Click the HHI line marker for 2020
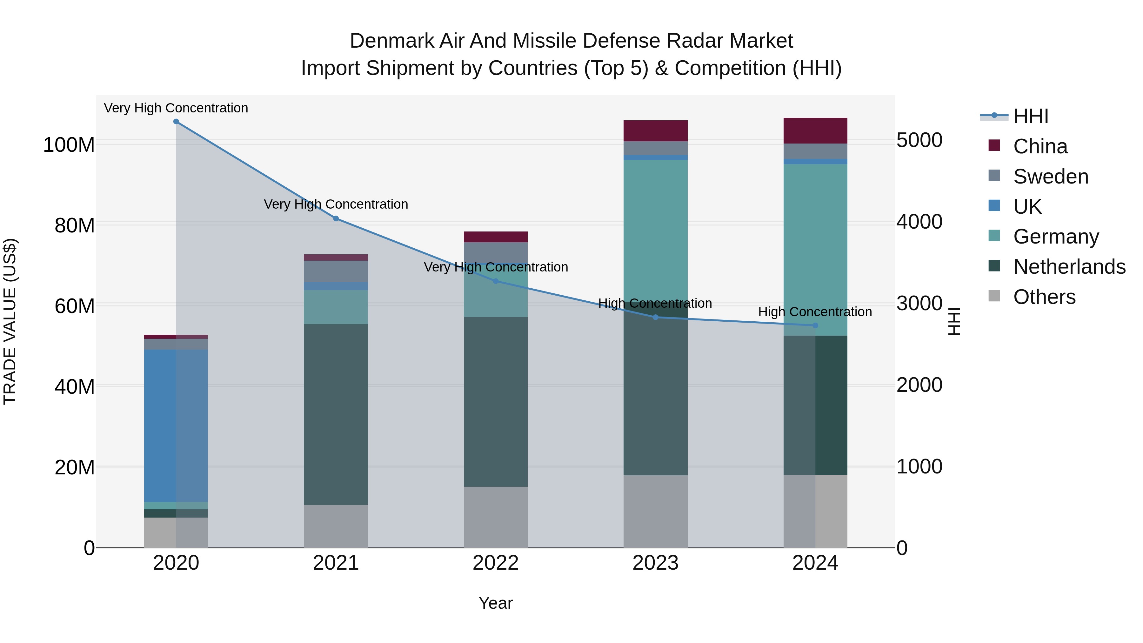[x=176, y=122]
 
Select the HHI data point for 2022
[x=496, y=281]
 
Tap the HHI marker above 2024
[x=815, y=326]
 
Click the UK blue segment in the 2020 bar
[x=176, y=426]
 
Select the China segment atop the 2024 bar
[x=815, y=131]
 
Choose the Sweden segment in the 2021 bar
[x=336, y=271]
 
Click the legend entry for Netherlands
[x=1069, y=267]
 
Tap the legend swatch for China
[x=994, y=145]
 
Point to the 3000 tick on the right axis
[x=919, y=304]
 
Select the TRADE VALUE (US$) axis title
[x=10, y=322]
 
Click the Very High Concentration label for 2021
[x=336, y=204]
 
